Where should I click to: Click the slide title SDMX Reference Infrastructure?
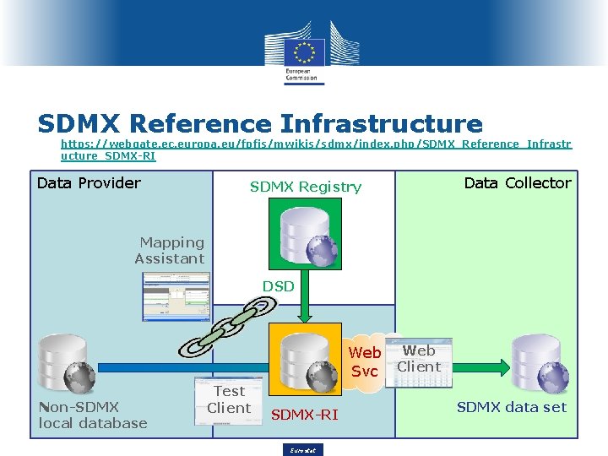click(260, 124)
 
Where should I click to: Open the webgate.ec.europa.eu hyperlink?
click(316, 149)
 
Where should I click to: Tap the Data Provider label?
click(89, 182)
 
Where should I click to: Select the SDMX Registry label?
click(305, 187)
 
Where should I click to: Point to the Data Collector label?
click(518, 182)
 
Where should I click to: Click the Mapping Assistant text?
click(171, 251)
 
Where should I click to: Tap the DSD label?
click(278, 286)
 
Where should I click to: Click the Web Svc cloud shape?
click(365, 361)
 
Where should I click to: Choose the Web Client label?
click(419, 358)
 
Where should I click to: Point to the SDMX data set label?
click(512, 407)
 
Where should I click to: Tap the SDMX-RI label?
click(304, 414)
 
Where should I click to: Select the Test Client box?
click(229, 399)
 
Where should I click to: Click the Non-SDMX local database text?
click(92, 415)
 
